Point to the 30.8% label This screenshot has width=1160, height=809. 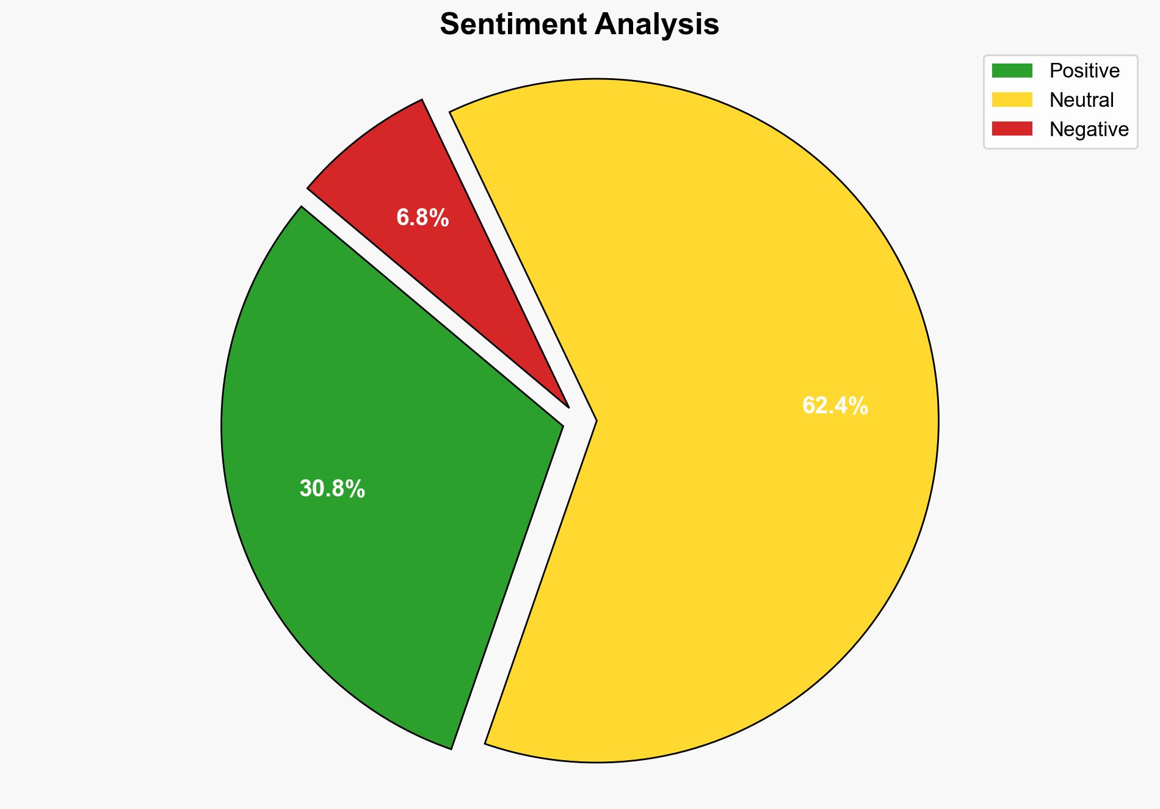(x=332, y=489)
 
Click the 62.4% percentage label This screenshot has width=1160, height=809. (x=835, y=406)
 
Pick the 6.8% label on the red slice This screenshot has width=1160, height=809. (x=422, y=218)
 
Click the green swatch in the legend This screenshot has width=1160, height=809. (x=1012, y=71)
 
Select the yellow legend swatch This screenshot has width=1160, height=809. (x=1012, y=100)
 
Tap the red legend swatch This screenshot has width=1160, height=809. (x=1012, y=129)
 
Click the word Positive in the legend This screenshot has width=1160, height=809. (x=1084, y=71)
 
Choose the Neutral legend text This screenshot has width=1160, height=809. (x=1081, y=100)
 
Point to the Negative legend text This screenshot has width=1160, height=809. (x=1089, y=129)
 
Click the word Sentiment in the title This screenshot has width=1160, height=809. (x=512, y=24)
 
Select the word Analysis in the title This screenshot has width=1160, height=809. (x=657, y=24)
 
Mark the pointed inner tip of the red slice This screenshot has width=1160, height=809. (x=568, y=406)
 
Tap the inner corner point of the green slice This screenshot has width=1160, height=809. (x=562, y=425)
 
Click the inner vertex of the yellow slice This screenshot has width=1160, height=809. (x=595, y=421)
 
